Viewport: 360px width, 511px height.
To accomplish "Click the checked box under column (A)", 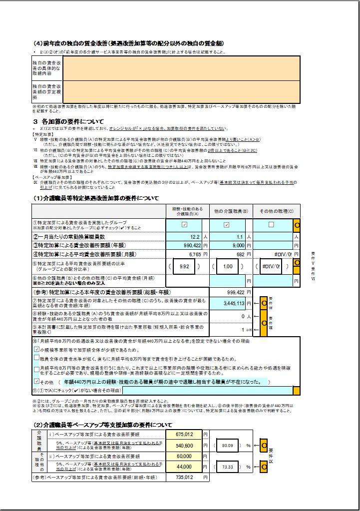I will pyautogui.click(x=185, y=225).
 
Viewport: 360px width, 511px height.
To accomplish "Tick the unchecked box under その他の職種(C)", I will pyautogui.click(x=271, y=225).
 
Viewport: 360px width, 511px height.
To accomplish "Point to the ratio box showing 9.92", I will pyautogui.click(x=185, y=267).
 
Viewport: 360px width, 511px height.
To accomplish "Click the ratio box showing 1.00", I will pyautogui.click(x=228, y=267).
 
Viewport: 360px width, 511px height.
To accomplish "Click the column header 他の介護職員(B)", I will pyautogui.click(x=230, y=211).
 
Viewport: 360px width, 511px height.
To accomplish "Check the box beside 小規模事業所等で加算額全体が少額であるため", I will pyautogui.click(x=36, y=349).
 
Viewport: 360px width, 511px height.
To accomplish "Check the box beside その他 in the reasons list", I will pyautogui.click(x=36, y=381).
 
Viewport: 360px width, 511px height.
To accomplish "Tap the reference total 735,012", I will pyautogui.click(x=184, y=478).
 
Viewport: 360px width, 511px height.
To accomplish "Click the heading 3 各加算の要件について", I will pyautogui.click(x=68, y=121).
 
